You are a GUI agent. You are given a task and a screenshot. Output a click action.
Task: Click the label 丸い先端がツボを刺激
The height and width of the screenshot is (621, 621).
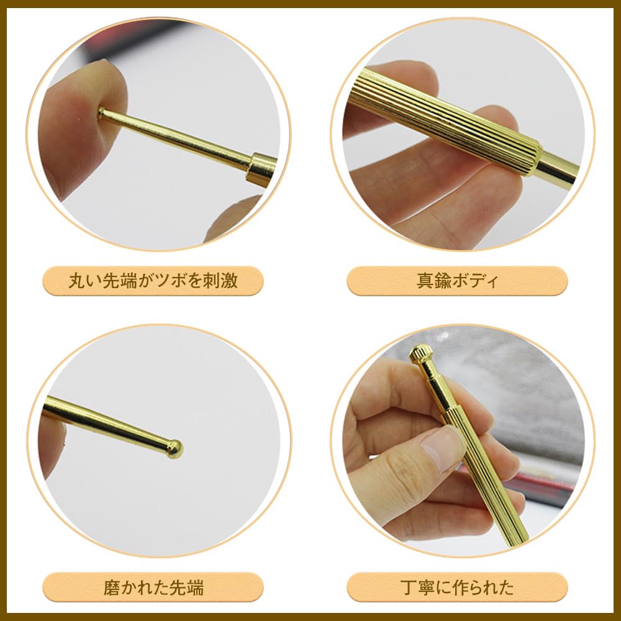tap(153, 281)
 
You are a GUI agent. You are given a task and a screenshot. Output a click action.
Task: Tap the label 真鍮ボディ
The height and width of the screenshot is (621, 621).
tap(457, 281)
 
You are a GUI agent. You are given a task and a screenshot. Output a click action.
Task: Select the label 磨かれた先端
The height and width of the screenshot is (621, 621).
tap(153, 587)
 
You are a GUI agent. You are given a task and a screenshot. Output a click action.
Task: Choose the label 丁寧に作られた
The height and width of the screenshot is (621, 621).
tap(457, 587)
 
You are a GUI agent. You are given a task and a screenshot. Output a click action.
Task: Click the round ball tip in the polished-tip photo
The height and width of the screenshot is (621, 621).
tap(175, 448)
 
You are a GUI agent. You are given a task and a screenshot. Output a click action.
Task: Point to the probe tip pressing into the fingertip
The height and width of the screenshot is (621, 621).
tap(102, 112)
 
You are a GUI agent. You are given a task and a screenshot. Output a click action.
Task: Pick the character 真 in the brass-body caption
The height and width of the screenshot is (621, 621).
tap(425, 281)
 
